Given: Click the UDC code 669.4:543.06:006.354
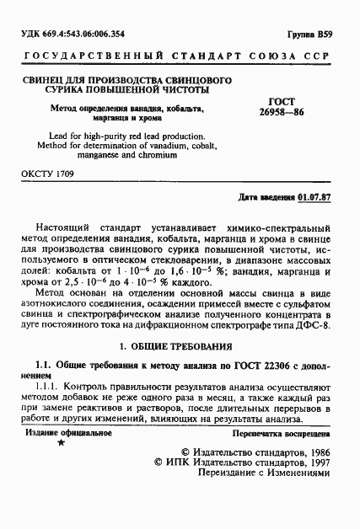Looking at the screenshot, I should click(79, 34).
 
